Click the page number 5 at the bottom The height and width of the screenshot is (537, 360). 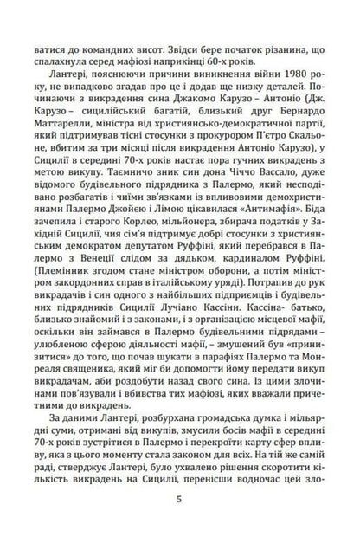[179, 500]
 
